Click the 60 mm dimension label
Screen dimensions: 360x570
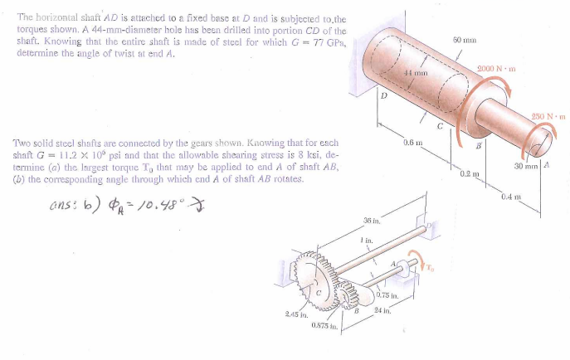tap(462, 39)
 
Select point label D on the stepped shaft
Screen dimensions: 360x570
tap(383, 96)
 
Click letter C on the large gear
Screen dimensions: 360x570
tap(318, 292)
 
